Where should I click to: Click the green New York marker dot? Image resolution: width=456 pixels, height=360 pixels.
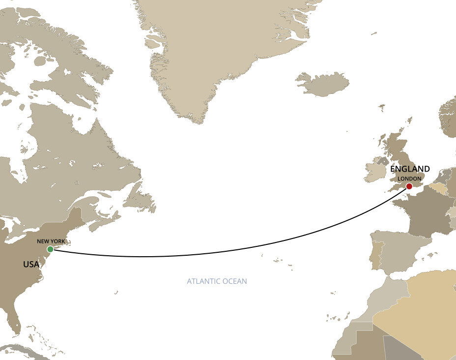(50, 249)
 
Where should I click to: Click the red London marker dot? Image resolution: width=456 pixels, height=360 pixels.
(409, 186)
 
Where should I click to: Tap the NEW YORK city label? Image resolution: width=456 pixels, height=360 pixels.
(51, 241)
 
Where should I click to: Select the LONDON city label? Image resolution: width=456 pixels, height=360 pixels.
(409, 179)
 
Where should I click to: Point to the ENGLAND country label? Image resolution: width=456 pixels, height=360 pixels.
(410, 169)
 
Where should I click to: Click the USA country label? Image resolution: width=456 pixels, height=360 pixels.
(31, 265)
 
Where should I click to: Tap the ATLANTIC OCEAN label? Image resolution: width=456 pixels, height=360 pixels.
(217, 281)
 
